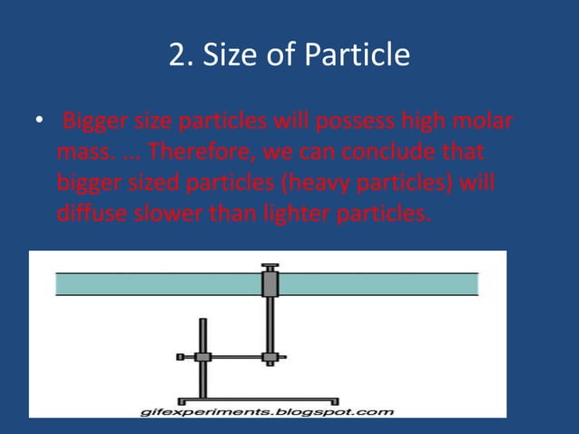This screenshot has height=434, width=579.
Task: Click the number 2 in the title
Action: pyautogui.click(x=177, y=56)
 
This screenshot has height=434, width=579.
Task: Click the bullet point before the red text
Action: pyautogui.click(x=37, y=123)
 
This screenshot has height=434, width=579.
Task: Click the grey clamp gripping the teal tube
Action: pyautogui.click(x=270, y=283)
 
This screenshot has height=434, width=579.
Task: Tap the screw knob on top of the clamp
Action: pyautogui.click(x=270, y=267)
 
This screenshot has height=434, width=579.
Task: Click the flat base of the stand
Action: pyautogui.click(x=259, y=399)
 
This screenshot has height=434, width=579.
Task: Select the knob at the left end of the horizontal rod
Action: pyautogui.click(x=182, y=356)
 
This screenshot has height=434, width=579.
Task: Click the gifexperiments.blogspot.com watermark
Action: pyautogui.click(x=268, y=412)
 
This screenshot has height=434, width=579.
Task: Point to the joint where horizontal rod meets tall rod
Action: pyautogui.click(x=270, y=356)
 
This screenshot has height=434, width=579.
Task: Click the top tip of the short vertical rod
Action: pyautogui.click(x=202, y=321)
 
